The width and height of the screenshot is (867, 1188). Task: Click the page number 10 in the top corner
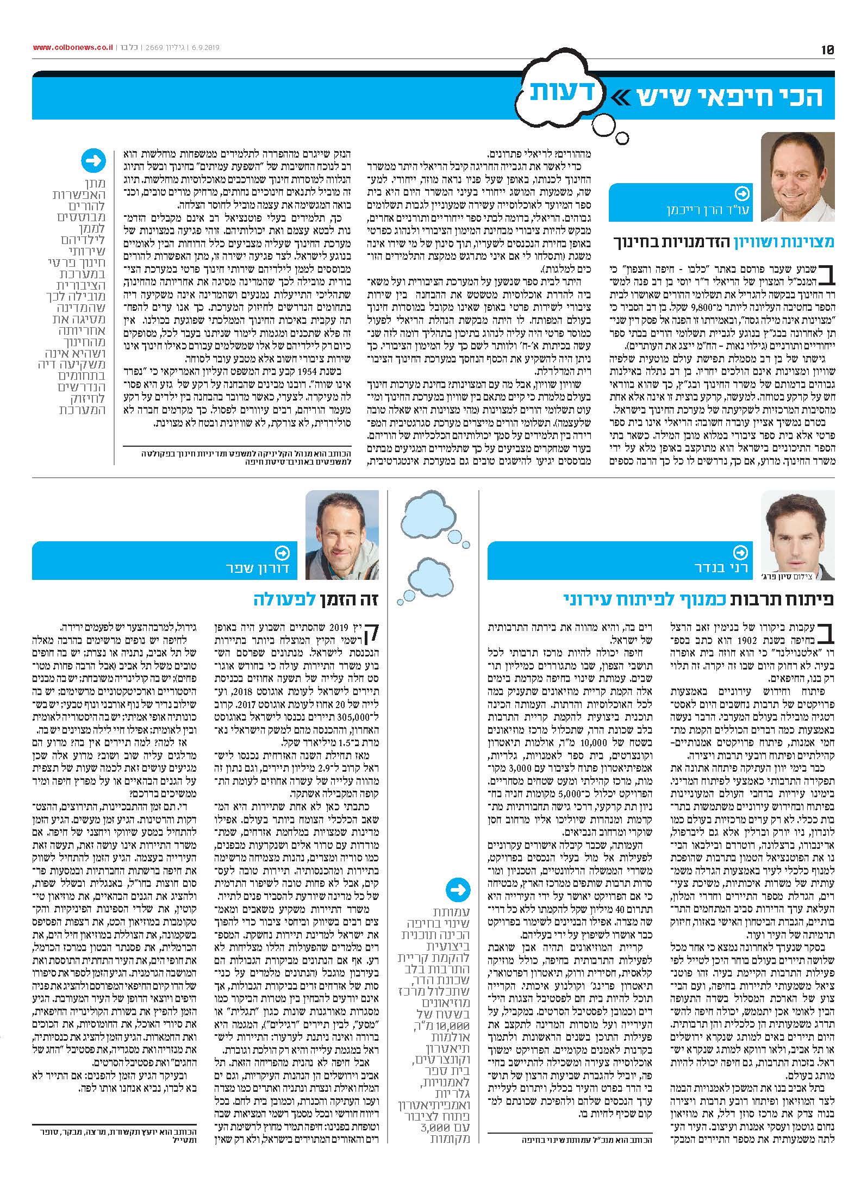pyautogui.click(x=827, y=49)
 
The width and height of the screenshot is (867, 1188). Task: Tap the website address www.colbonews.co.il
pyautogui.click(x=73, y=48)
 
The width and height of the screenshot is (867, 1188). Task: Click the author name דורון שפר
pyautogui.click(x=259, y=569)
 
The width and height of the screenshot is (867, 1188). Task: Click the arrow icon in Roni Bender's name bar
pyautogui.click(x=740, y=553)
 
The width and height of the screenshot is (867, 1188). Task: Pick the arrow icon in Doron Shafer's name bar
pyautogui.click(x=283, y=553)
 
